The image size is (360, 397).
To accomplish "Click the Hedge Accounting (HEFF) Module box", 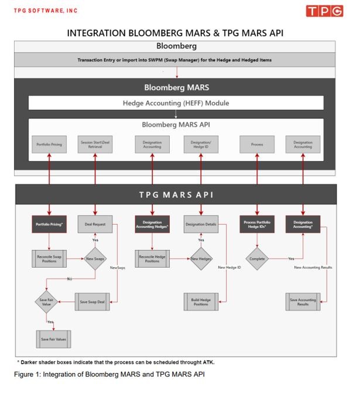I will pyautogui.click(x=176, y=103).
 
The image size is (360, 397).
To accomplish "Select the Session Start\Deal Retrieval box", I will pyautogui.click(x=95, y=144).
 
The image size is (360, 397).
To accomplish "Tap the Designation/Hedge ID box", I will pyautogui.click(x=201, y=144).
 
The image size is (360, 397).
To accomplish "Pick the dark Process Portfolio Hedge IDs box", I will pyautogui.click(x=257, y=224).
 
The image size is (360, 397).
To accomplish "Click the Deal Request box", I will pyautogui.click(x=95, y=224).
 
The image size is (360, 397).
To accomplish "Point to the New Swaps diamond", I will pyautogui.click(x=95, y=259).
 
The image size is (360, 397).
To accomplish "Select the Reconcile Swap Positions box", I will pyautogui.click(x=49, y=258).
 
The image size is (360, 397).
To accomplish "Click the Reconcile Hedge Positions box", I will pyautogui.click(x=152, y=258).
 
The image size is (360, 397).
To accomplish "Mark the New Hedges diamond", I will pyautogui.click(x=201, y=258).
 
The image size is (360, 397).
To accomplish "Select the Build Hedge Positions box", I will pyautogui.click(x=201, y=302).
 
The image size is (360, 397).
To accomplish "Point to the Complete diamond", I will pyautogui.click(x=257, y=258).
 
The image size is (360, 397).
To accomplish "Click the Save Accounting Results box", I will pyautogui.click(x=303, y=302).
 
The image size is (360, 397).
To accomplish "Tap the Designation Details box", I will pyautogui.click(x=201, y=224).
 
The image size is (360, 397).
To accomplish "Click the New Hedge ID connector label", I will pyautogui.click(x=229, y=268).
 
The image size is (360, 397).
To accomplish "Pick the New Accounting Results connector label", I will pyautogui.click(x=313, y=268).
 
